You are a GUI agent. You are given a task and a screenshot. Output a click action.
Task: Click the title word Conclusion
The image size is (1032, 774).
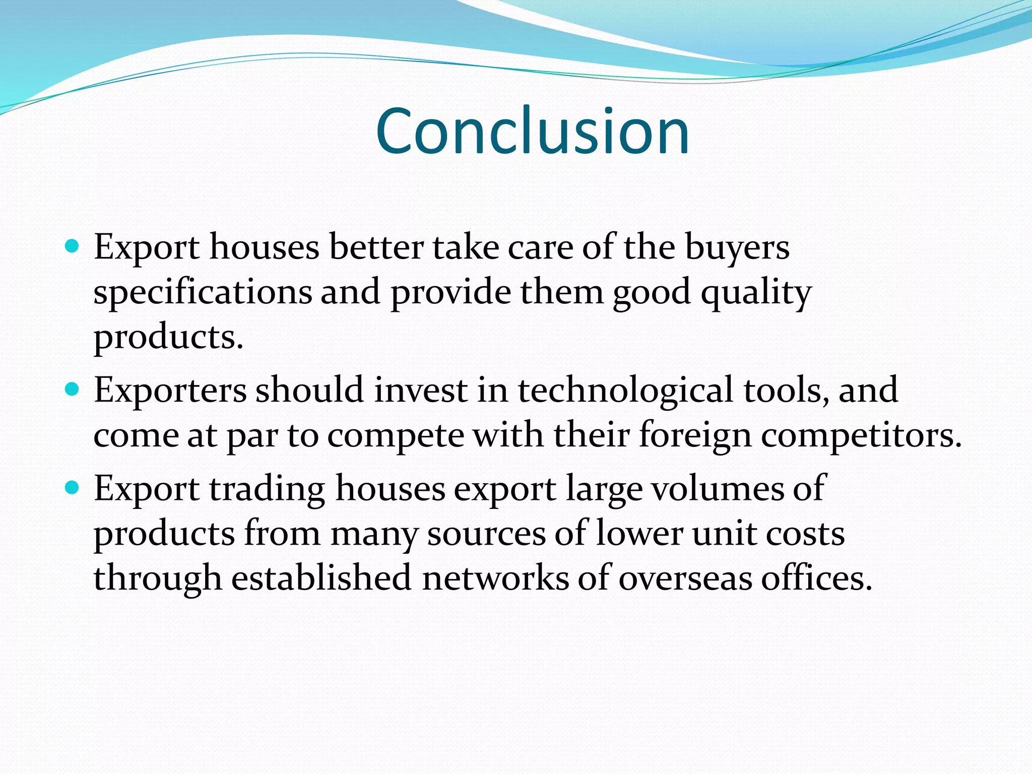tap(532, 132)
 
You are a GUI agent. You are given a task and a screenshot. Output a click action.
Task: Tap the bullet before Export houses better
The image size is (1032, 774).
tap(73, 247)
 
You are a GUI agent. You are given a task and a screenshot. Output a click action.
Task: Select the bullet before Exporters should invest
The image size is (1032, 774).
tap(73, 390)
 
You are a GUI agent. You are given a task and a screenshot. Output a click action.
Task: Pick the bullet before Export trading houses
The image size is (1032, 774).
tap(73, 488)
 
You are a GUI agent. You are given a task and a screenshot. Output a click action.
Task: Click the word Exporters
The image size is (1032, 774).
tap(170, 391)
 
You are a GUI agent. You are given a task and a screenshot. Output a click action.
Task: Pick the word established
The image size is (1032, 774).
tap(321, 578)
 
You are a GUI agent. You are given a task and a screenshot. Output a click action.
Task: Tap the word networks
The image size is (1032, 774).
tap(495, 578)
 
